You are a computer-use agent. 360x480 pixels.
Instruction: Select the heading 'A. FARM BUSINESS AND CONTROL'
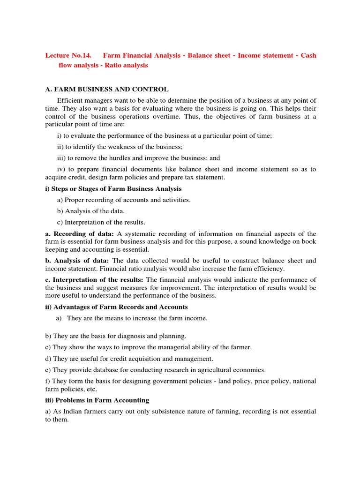[107, 89]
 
